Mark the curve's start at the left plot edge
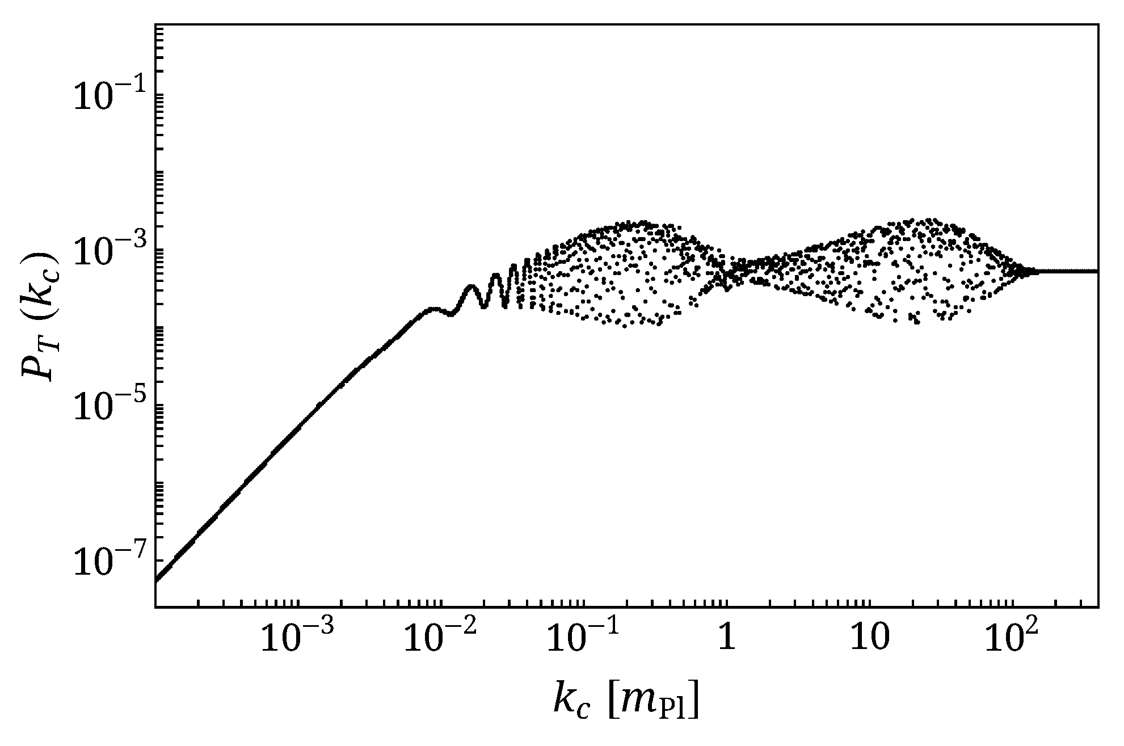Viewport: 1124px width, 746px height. coord(157,580)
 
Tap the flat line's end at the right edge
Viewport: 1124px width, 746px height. coord(1096,272)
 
